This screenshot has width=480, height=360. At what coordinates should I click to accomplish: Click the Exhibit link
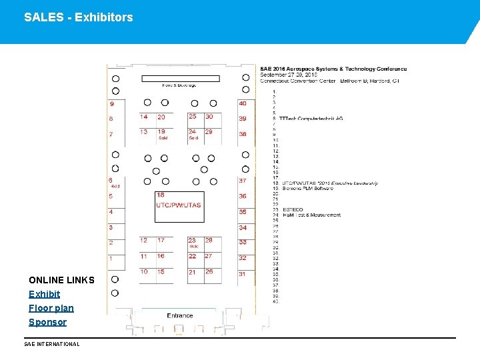pyautogui.click(x=44, y=294)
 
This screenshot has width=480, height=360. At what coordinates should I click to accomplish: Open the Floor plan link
pyautogui.click(x=51, y=308)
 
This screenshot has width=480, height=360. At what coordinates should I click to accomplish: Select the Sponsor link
pyautogui.click(x=47, y=322)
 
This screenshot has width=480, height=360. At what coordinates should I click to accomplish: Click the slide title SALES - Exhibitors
pyautogui.click(x=78, y=17)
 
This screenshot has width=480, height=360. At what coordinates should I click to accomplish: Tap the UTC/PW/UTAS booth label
pyautogui.click(x=178, y=205)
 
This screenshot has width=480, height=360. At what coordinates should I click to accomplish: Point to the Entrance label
pyautogui.click(x=180, y=315)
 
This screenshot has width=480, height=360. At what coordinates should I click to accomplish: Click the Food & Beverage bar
pyautogui.click(x=179, y=79)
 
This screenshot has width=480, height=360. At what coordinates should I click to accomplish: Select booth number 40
pyautogui.click(x=243, y=103)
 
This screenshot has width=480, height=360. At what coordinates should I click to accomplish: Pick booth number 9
pyautogui.click(x=111, y=104)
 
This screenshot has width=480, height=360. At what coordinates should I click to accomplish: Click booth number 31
pyautogui.click(x=242, y=274)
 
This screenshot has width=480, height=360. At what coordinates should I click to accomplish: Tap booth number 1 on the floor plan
pyautogui.click(x=111, y=258)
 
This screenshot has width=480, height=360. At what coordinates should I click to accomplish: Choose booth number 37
pyautogui.click(x=243, y=181)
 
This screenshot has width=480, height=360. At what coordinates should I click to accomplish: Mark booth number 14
pyautogui.click(x=143, y=117)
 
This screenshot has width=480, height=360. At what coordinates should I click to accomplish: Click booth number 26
pyautogui.click(x=209, y=271)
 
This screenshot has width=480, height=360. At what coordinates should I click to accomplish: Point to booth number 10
pyautogui.click(x=144, y=271)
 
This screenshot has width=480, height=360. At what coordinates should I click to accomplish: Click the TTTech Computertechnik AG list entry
pyautogui.click(x=311, y=118)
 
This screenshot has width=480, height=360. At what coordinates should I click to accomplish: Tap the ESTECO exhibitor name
pyautogui.click(x=293, y=210)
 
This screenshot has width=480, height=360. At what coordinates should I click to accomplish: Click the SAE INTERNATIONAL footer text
pyautogui.click(x=51, y=344)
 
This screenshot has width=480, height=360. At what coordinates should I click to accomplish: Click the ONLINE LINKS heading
pyautogui.click(x=61, y=280)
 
